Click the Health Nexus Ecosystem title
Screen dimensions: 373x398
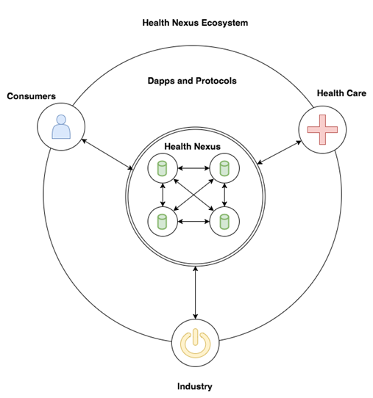point(195,23)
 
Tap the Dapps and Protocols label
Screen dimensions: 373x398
point(192,81)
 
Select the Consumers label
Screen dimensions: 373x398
point(32,96)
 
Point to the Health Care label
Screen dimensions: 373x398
point(341,93)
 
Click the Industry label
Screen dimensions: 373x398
point(195,386)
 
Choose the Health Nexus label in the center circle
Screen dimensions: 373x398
point(192,146)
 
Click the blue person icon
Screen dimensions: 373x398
point(61,126)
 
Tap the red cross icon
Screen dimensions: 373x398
point(322,130)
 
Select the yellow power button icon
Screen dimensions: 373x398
point(195,343)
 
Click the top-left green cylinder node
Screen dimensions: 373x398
point(162,168)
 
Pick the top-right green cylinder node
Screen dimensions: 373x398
point(224,168)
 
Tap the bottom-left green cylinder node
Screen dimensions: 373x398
point(162,222)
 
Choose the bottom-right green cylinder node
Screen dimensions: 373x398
point(224,222)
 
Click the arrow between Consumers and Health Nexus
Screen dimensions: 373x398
point(107,154)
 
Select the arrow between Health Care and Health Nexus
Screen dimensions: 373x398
point(279,153)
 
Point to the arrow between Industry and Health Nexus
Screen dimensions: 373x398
point(195,293)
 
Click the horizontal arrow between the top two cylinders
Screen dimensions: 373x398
point(193,168)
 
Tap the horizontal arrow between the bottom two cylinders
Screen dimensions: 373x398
point(193,222)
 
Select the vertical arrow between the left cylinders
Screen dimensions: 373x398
point(163,195)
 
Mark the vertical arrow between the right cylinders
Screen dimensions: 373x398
point(224,195)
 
